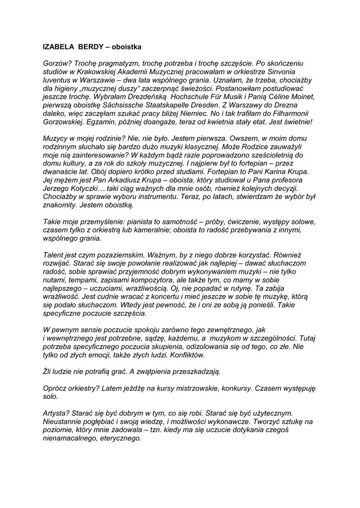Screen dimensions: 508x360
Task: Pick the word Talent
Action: click(x=54, y=254)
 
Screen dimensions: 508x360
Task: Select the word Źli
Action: click(x=49, y=372)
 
